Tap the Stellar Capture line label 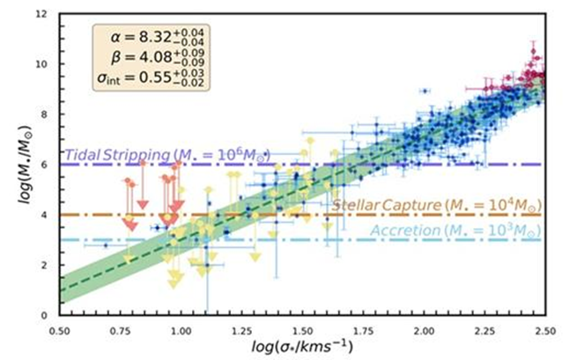click(x=436, y=205)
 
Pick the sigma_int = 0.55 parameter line click(x=149, y=78)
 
